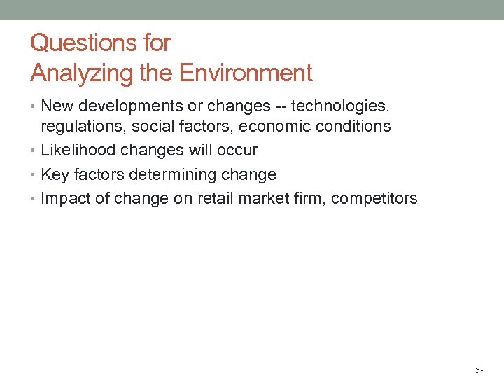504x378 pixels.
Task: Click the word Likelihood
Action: (78, 150)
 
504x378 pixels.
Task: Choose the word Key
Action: (55, 174)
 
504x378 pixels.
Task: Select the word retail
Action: (216, 198)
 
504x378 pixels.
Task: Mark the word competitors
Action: (374, 198)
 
